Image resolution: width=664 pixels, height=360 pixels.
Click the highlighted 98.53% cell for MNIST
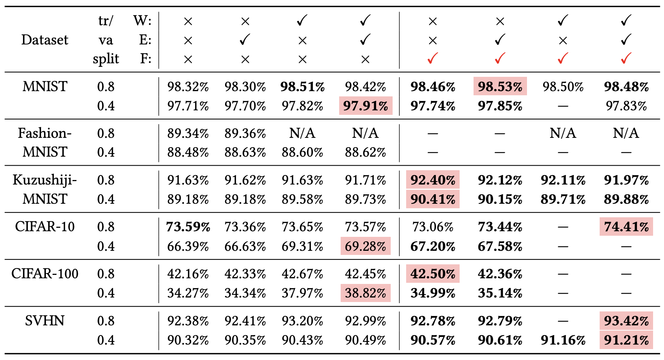(500, 87)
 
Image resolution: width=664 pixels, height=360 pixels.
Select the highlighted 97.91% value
(366, 106)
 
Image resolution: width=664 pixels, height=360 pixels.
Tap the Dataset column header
(45, 40)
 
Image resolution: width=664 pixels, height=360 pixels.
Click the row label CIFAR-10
(45, 227)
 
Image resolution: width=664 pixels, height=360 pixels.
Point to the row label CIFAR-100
(45, 274)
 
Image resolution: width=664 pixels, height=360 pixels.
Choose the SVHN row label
(45, 321)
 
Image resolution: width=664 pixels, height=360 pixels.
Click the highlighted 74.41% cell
(626, 227)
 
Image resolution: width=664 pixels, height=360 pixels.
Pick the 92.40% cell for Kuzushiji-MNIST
(433, 180)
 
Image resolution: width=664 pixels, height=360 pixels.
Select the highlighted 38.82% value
(366, 293)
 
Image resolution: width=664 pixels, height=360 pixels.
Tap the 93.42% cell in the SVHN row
(626, 321)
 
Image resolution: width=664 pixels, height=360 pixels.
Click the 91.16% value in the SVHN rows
(563, 340)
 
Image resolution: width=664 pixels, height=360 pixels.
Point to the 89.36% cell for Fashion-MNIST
(245, 133)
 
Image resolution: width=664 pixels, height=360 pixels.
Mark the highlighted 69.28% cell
(366, 246)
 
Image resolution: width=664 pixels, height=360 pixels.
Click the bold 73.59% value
(188, 227)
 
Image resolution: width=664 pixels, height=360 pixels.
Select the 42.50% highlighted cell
(433, 274)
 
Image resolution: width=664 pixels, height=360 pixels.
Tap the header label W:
(142, 20)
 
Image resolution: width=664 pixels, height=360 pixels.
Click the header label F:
(145, 59)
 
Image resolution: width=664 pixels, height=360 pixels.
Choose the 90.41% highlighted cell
(433, 199)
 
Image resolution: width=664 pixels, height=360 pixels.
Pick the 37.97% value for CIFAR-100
(302, 293)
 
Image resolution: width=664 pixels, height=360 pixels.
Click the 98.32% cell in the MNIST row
(188, 87)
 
